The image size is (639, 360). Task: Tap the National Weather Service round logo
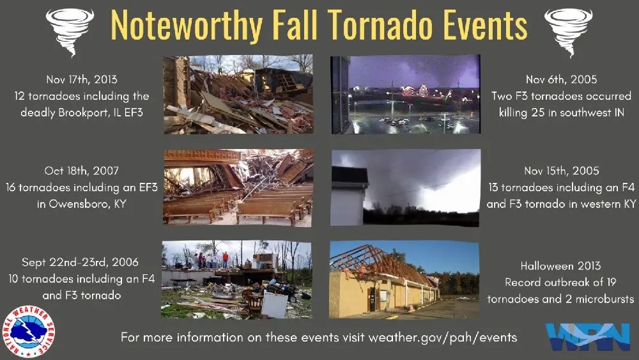click(x=29, y=332)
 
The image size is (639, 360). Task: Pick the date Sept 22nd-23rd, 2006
click(x=80, y=263)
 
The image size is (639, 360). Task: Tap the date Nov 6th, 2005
click(x=561, y=79)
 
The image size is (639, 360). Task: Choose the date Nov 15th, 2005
click(x=561, y=171)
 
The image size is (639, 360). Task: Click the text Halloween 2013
click(x=561, y=265)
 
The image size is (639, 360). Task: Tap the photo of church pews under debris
click(x=238, y=187)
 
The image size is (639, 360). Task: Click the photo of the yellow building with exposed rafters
click(x=404, y=279)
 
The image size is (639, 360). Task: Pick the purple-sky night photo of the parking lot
click(x=405, y=94)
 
